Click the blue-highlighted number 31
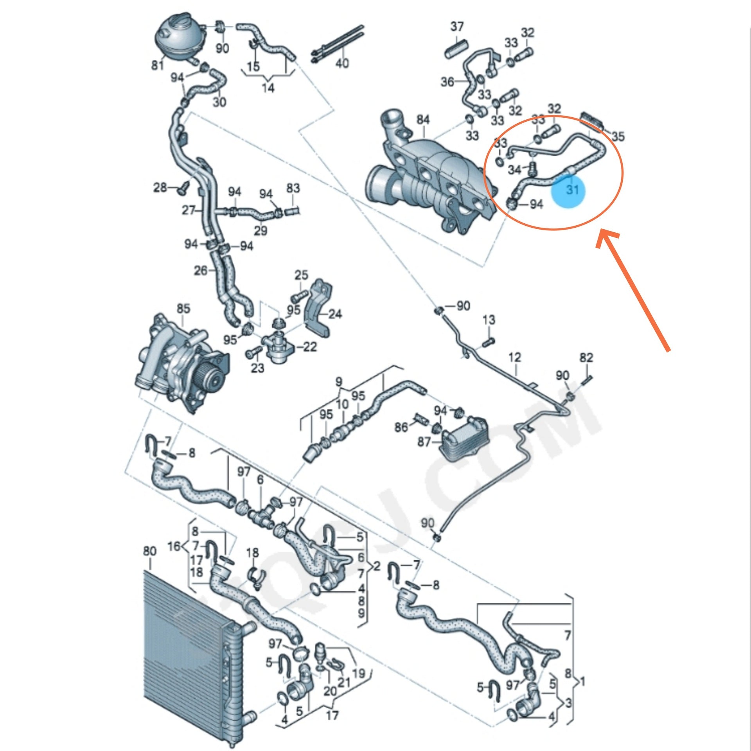click(x=572, y=190)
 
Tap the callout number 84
click(x=423, y=120)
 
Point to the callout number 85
click(x=183, y=309)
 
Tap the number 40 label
click(x=342, y=63)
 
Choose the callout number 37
click(x=457, y=27)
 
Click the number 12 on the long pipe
click(x=515, y=357)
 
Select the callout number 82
click(x=586, y=358)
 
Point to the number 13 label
click(x=489, y=320)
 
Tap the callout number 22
click(x=310, y=347)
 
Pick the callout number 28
click(x=160, y=188)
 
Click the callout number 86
click(x=401, y=428)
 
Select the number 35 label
click(x=618, y=137)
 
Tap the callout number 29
click(x=261, y=230)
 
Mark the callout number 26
click(x=201, y=270)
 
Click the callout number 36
click(x=447, y=82)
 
